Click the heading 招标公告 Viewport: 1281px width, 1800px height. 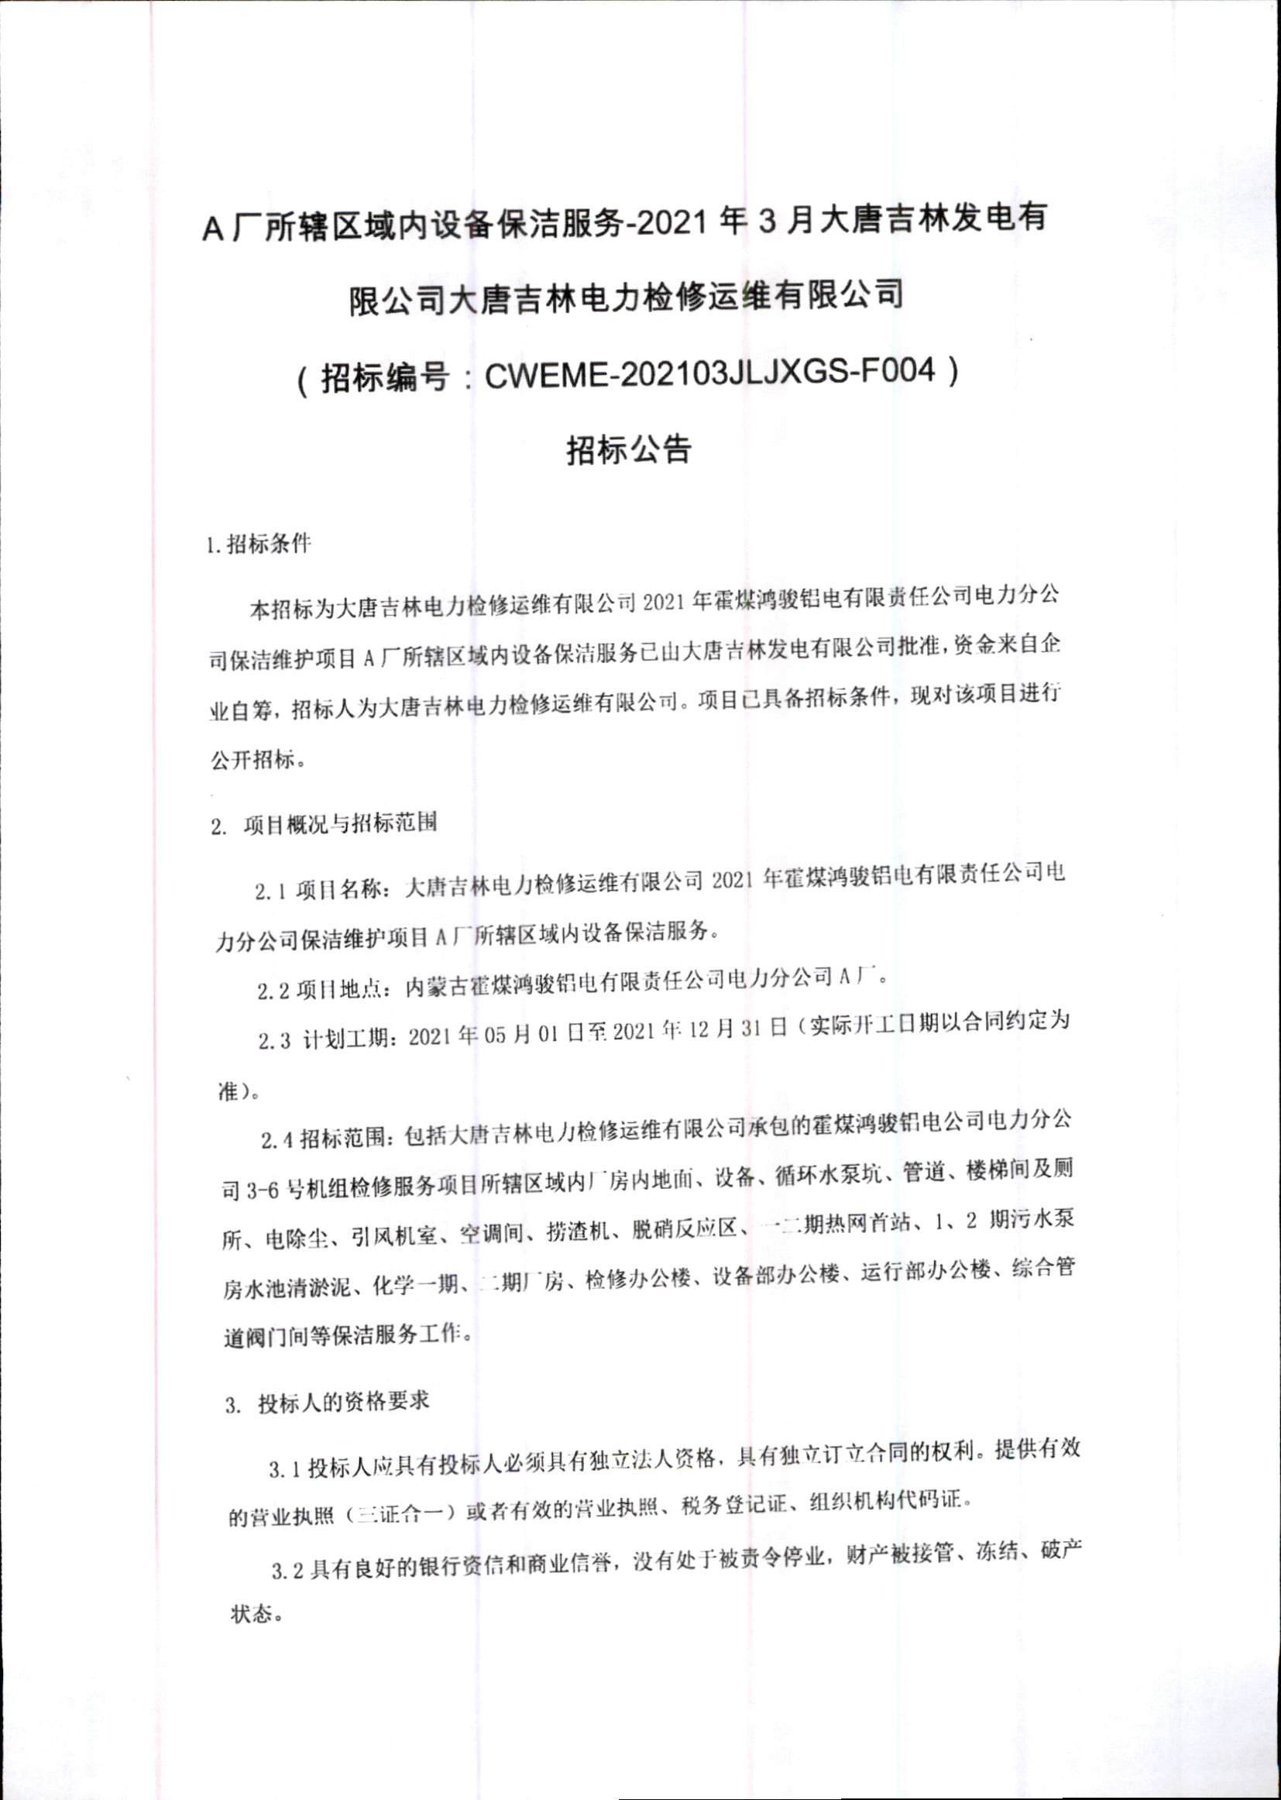(629, 448)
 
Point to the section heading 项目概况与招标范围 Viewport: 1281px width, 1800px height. (340, 823)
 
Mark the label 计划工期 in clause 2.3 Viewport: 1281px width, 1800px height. (345, 1039)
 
